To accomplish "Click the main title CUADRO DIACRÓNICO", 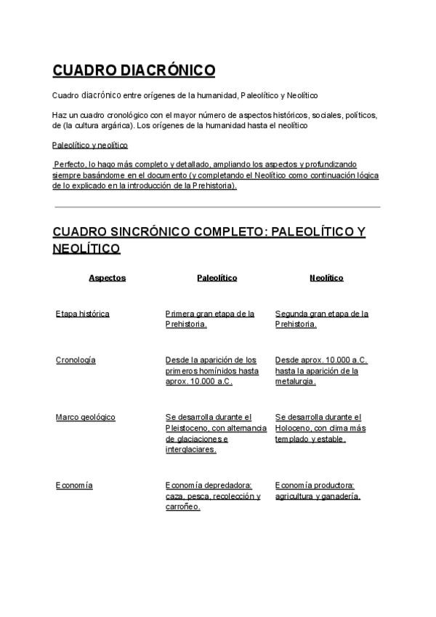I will coord(134,70).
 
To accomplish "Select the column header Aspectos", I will coord(107,278).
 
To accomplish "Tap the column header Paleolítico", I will coord(217,278).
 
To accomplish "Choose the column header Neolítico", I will coord(326,278).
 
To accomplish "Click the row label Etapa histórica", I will coord(83,314).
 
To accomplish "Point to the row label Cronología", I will coord(76,360).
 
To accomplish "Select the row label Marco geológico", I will coord(86,417).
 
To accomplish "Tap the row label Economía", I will coord(74,485).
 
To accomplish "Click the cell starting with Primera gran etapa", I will coord(210,319).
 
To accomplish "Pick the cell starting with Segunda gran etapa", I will coord(322,319).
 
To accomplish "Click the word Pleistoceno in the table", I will coord(187,428).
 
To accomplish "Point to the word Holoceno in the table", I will coord(292,428).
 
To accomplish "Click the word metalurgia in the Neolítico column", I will coord(294,381).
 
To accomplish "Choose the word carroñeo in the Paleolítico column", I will coord(182,507).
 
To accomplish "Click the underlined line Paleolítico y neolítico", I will coord(90,145).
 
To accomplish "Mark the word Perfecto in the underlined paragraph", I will coord(70,164).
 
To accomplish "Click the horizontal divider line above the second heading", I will coord(217,207).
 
